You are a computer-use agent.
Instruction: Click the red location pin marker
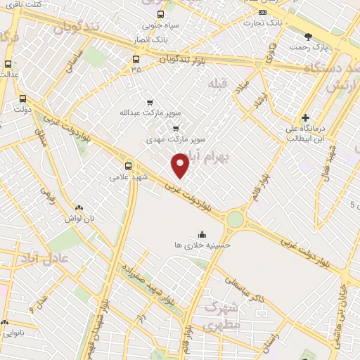(x=181, y=165)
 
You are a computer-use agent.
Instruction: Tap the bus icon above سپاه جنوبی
(x=160, y=14)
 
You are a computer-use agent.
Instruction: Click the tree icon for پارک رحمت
(x=308, y=36)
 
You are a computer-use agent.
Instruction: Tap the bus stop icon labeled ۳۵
(x=136, y=59)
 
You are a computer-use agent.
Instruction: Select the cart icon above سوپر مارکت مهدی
(x=175, y=129)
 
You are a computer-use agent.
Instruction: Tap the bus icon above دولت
(x=23, y=99)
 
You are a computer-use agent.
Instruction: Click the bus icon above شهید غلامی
(x=127, y=166)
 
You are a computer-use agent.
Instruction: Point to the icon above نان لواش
(x=79, y=208)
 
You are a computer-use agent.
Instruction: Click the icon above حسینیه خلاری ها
(x=202, y=234)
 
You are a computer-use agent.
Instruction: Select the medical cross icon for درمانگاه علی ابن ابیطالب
(x=304, y=117)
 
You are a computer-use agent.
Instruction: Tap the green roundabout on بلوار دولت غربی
(x=235, y=220)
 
